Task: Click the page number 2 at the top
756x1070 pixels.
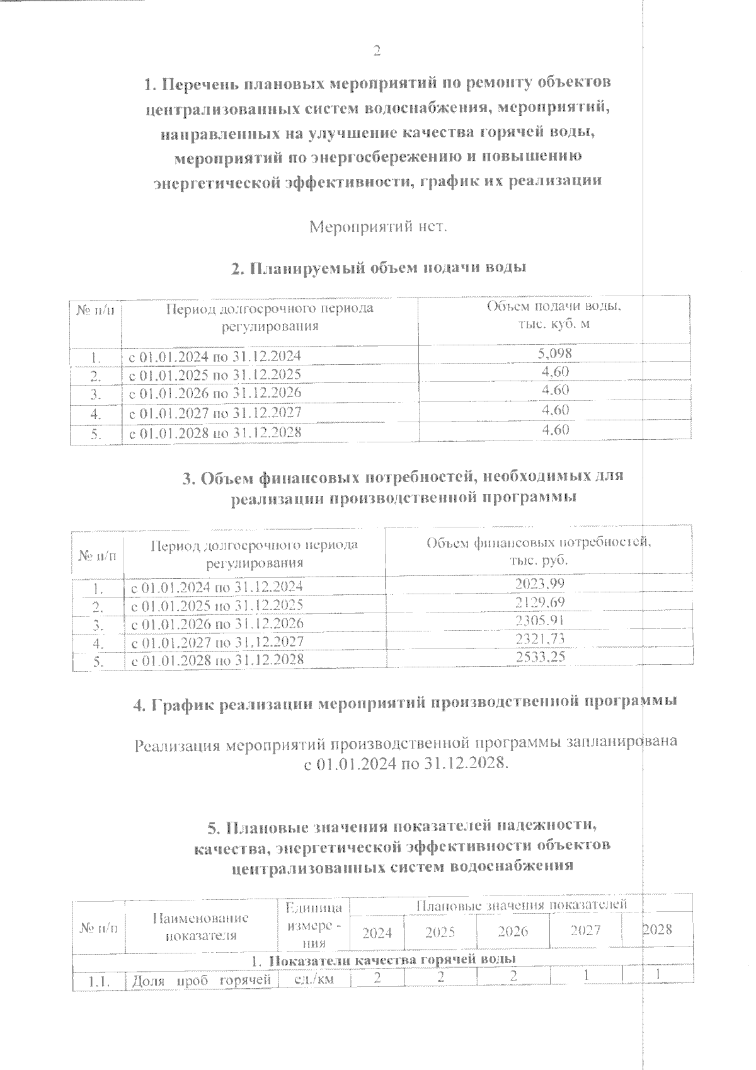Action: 377,51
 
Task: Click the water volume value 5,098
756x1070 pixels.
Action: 554,354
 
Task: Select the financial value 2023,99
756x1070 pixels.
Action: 540,584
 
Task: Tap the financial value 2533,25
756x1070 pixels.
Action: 540,657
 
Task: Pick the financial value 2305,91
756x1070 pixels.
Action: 540,621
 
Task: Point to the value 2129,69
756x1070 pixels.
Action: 540,602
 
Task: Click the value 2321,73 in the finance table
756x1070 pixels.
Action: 540,639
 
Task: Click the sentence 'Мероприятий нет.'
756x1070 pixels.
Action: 378,226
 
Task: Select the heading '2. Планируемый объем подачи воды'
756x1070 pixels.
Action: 378,268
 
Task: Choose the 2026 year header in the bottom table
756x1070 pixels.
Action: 512,931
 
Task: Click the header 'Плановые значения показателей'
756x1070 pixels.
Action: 521,906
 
